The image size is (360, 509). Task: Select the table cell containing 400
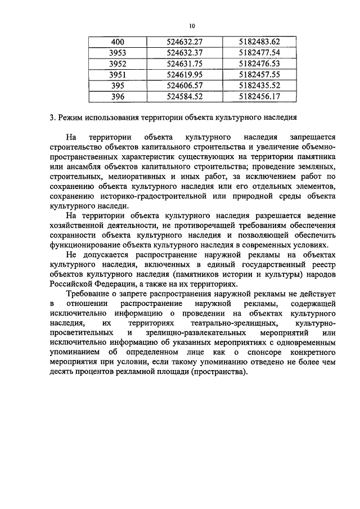118,42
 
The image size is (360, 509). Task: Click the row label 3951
118,74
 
